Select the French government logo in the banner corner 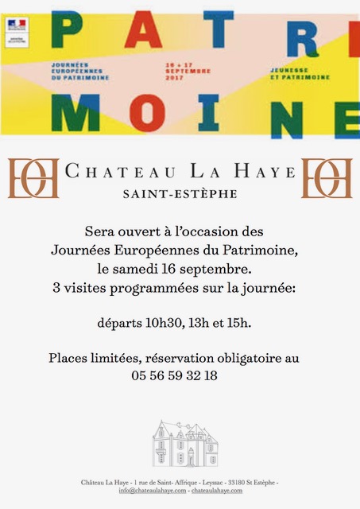(x=17, y=27)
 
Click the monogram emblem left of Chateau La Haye (x=33, y=178)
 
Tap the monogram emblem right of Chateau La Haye (x=327, y=178)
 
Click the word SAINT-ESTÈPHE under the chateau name (x=180, y=192)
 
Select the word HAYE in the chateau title (x=270, y=170)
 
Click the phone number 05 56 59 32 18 (x=180, y=375)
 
